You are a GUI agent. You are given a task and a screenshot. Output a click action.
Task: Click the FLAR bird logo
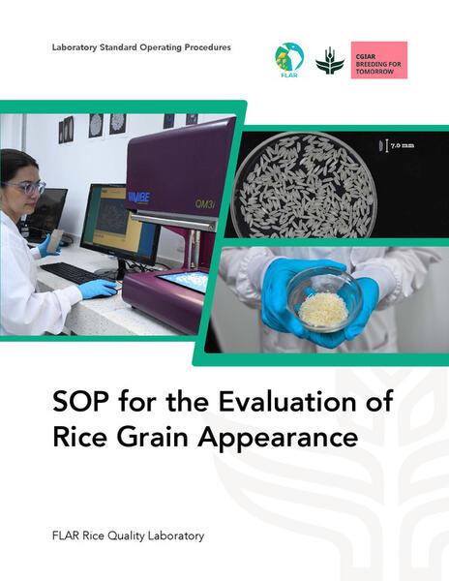pyautogui.click(x=289, y=58)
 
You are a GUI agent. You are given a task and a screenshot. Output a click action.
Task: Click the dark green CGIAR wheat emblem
pyautogui.click(x=329, y=60)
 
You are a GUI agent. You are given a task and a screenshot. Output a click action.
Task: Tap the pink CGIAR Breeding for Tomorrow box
pyautogui.click(x=378, y=60)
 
